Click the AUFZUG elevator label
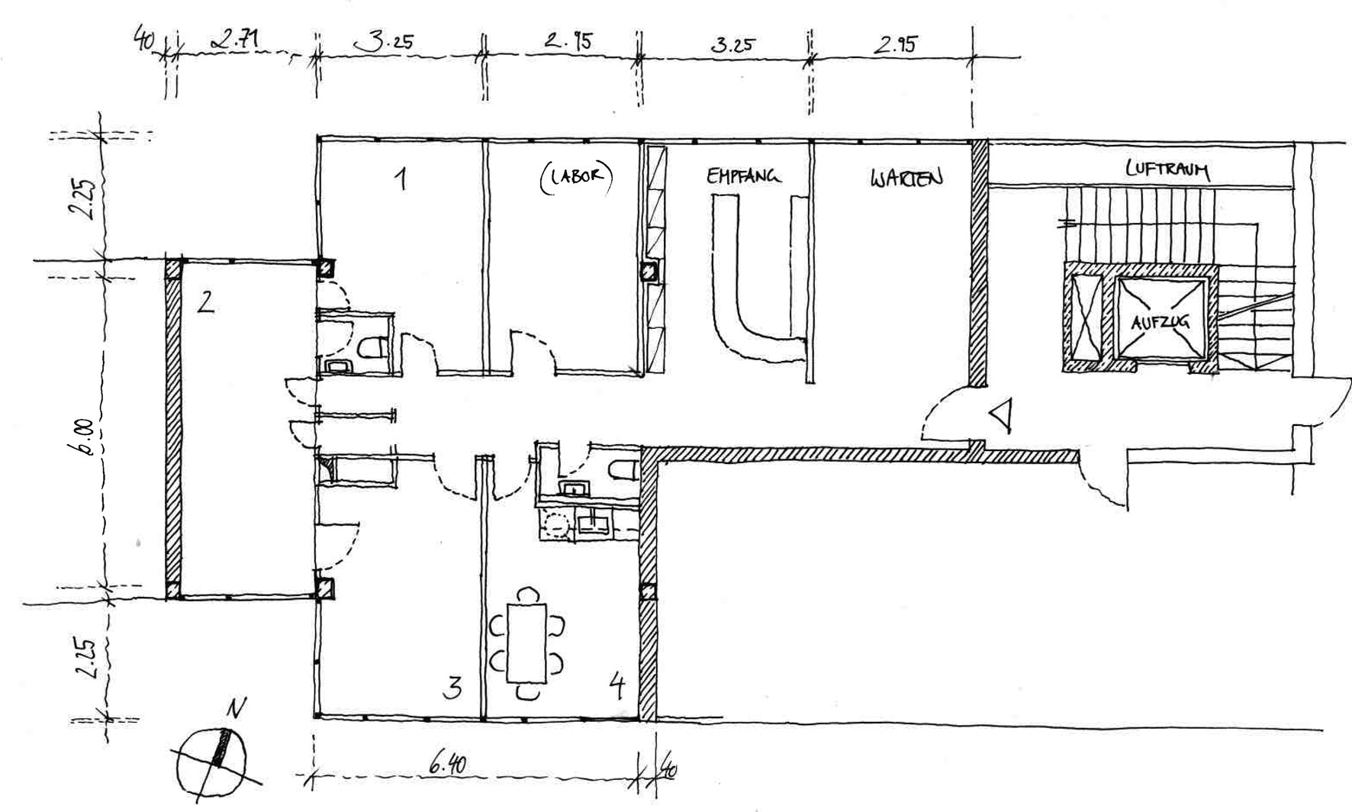coord(1159,322)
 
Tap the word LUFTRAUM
coord(1167,169)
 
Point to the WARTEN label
coord(906,179)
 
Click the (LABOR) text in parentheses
coord(576,176)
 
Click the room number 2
coord(205,303)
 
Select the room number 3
coord(452,688)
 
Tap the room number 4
coord(618,687)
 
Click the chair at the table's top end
coord(526,594)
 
